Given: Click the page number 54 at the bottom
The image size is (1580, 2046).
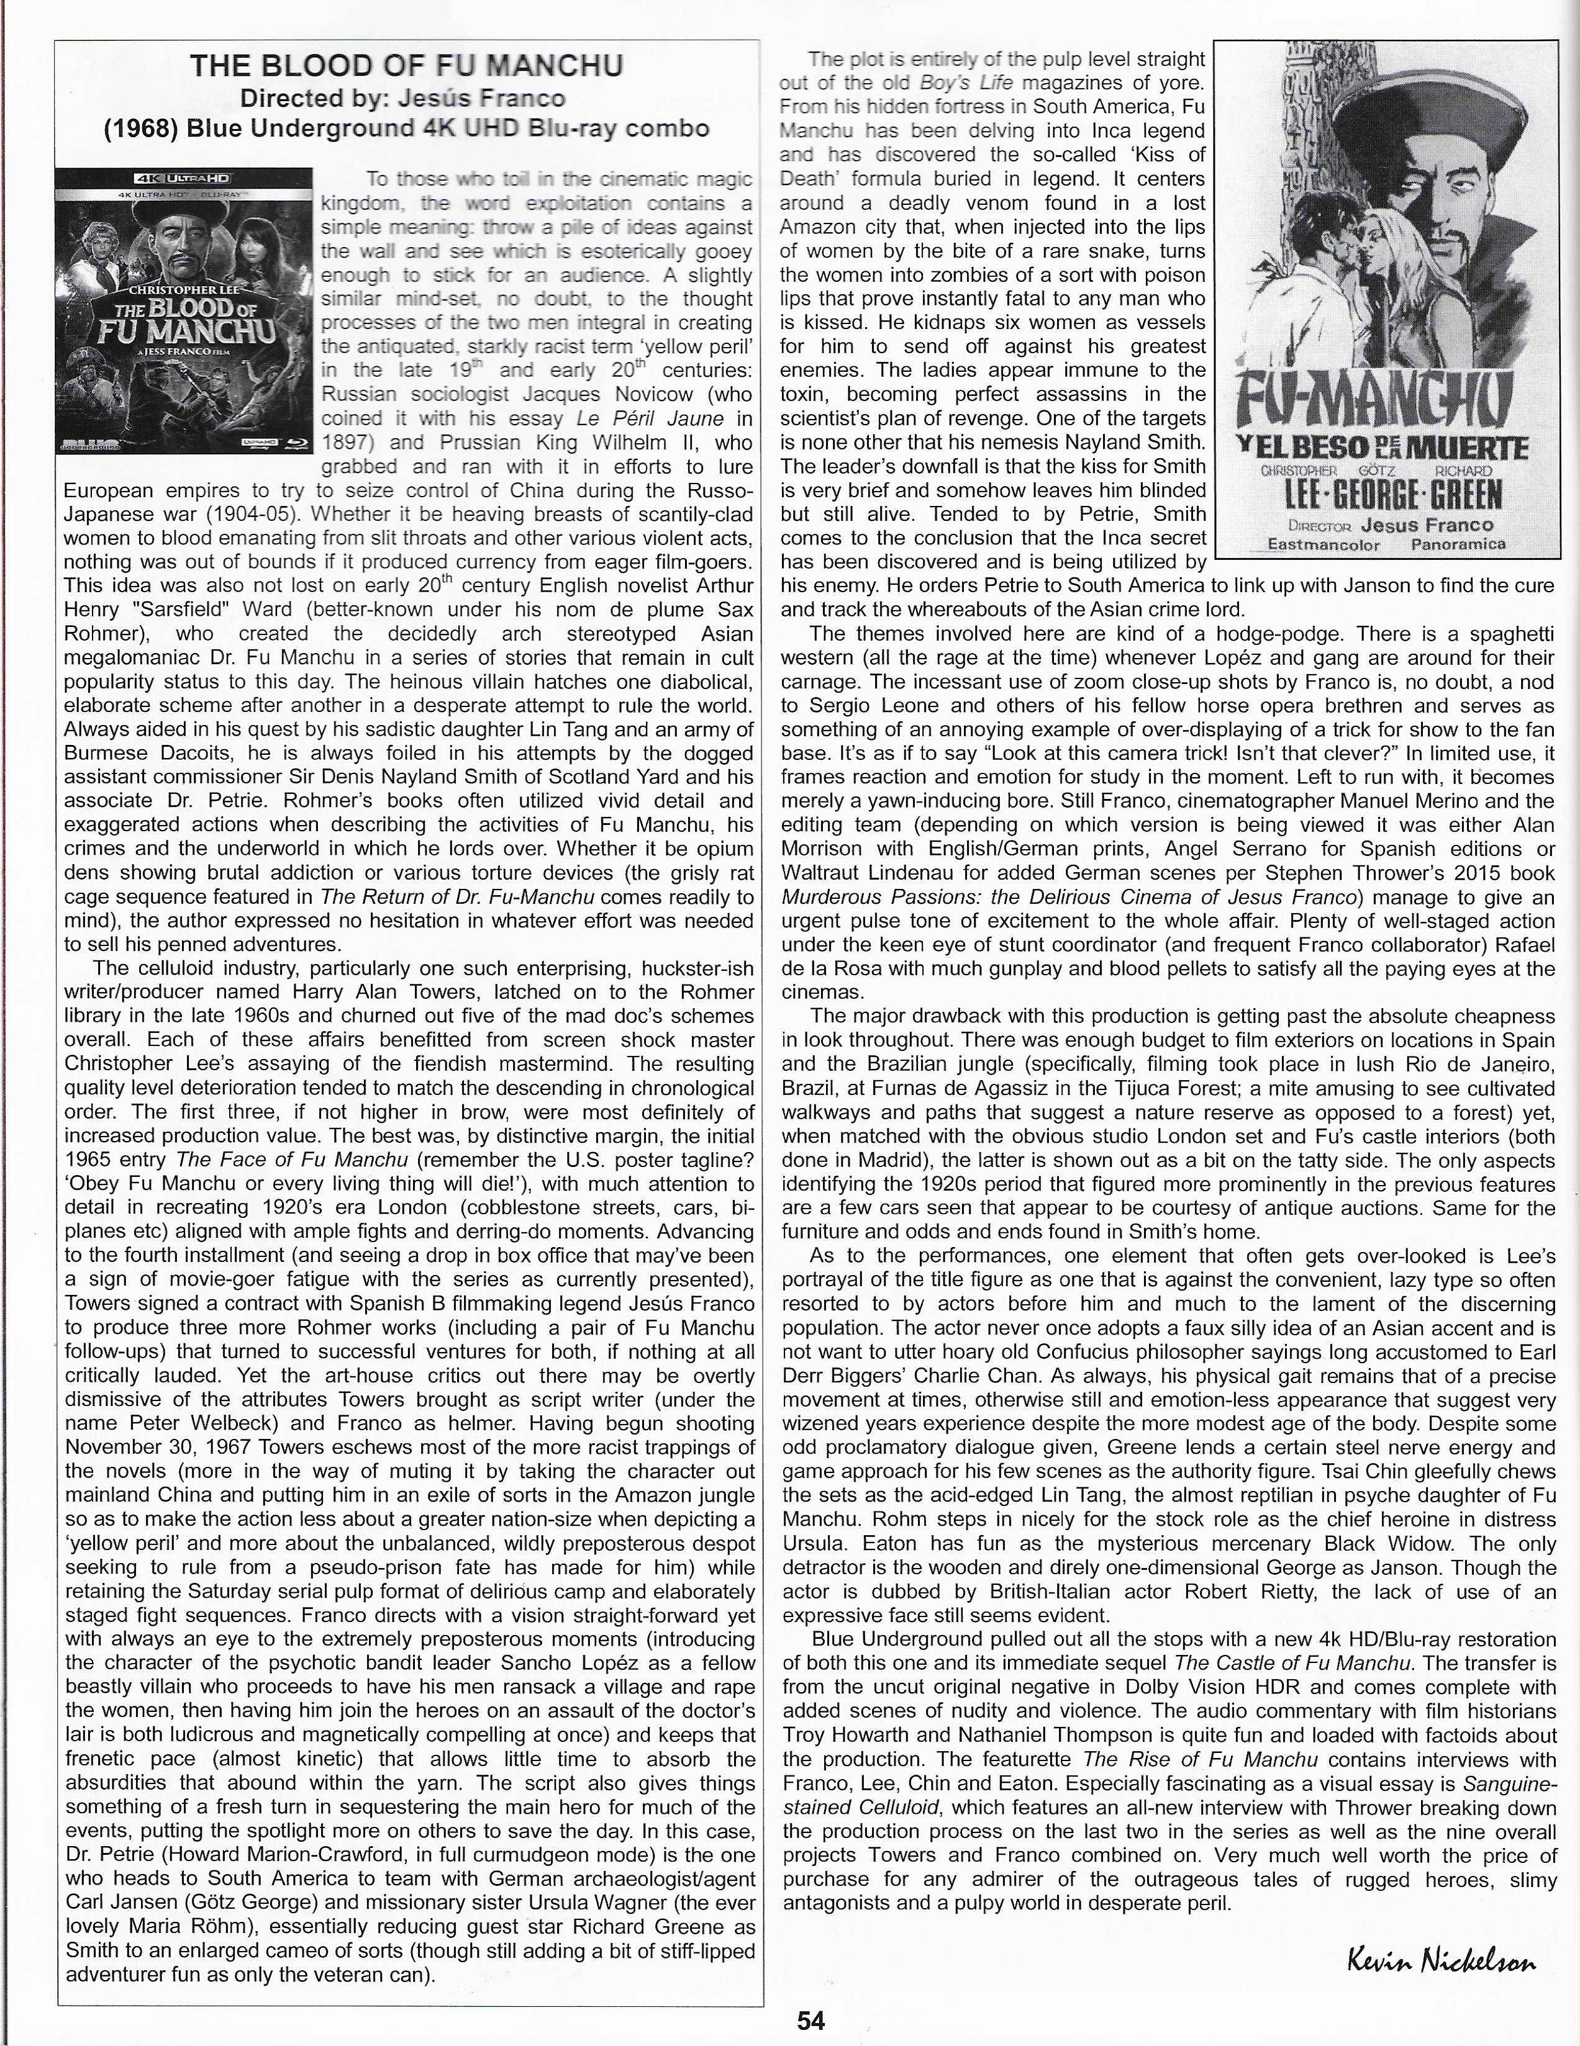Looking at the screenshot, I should (x=810, y=2020).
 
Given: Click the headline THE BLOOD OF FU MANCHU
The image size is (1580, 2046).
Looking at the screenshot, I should (x=407, y=66).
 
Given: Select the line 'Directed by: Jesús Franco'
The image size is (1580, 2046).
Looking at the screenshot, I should (x=403, y=97).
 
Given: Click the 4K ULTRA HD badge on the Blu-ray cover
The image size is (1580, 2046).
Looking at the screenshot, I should (x=184, y=177).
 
